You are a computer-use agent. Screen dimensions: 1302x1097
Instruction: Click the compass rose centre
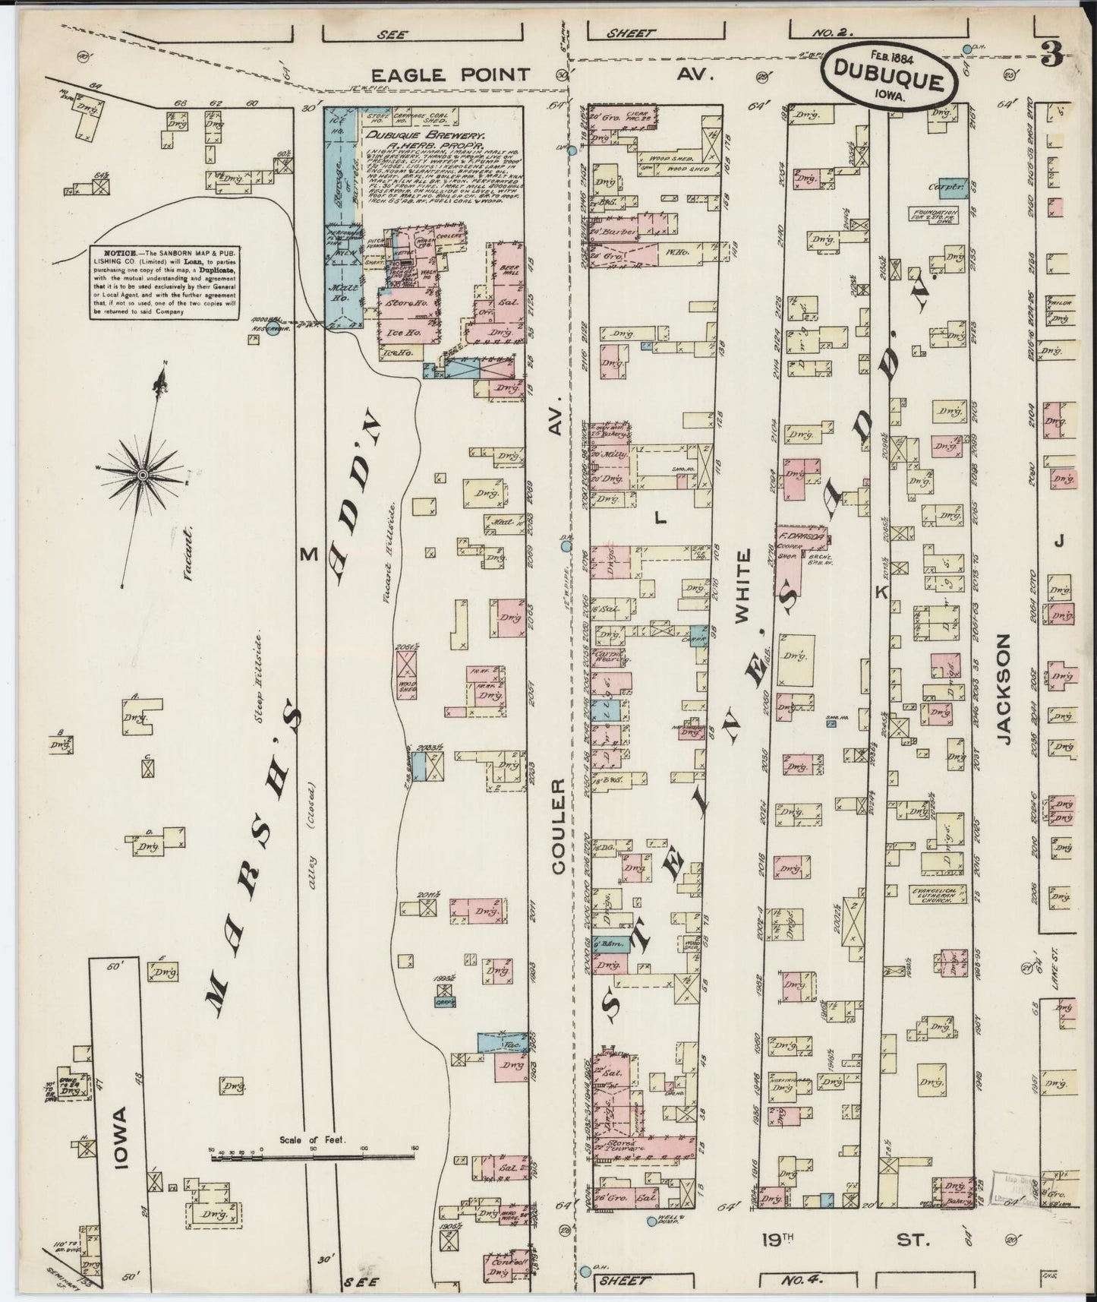[x=142, y=475]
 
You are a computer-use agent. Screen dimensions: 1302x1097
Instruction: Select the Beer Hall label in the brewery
[x=508, y=271]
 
